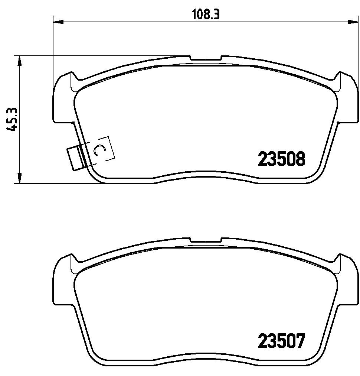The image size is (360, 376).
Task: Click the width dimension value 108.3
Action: click(206, 15)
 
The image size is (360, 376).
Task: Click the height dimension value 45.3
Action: click(12, 119)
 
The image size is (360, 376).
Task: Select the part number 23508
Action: click(281, 159)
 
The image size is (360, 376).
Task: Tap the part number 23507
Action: click(281, 341)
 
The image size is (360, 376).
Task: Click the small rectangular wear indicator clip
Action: click(76, 158)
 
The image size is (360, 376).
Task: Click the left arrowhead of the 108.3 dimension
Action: click(58, 22)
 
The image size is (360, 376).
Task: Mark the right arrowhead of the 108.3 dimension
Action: click(353, 22)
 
